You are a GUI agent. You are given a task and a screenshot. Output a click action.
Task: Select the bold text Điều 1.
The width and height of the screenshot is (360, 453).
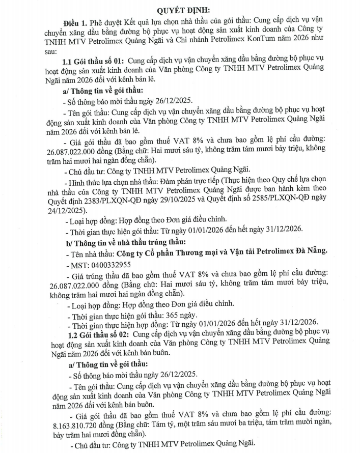(x=76, y=24)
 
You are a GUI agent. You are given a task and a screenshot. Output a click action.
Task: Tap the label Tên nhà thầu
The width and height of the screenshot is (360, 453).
(x=91, y=252)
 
